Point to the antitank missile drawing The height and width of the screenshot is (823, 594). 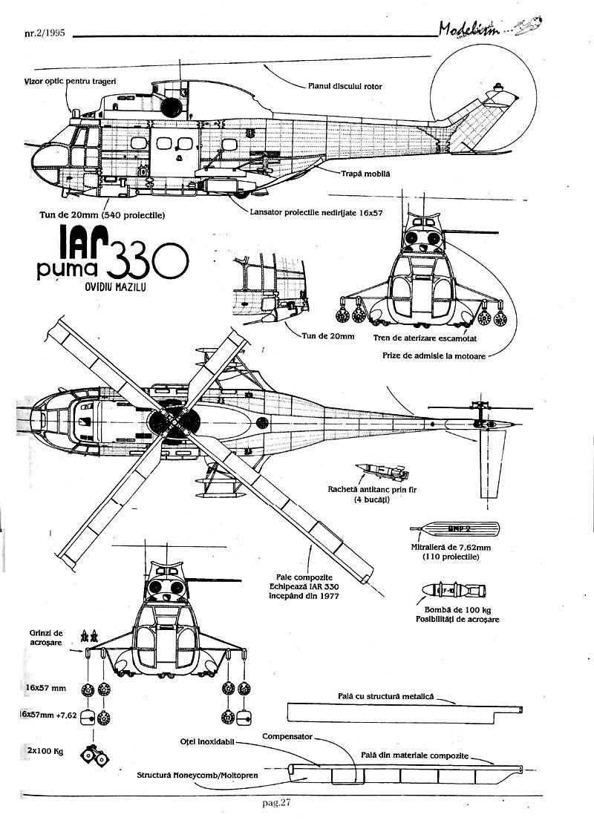tap(382, 471)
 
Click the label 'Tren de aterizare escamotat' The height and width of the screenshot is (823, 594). tap(434, 337)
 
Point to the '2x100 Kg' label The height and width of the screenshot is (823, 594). tap(44, 751)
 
